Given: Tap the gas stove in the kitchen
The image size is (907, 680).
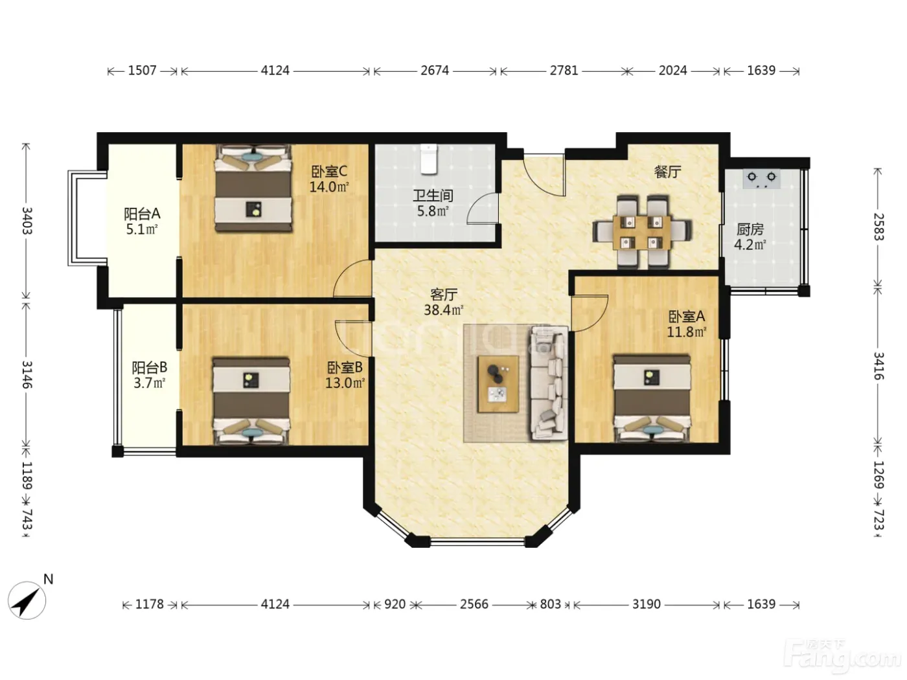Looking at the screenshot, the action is (761, 178).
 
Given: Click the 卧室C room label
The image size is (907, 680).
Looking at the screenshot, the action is (329, 171).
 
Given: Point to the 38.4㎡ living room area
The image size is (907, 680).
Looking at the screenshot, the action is (443, 310).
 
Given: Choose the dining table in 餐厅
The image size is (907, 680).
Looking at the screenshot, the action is (642, 232).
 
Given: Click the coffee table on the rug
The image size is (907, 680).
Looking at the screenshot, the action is (498, 383).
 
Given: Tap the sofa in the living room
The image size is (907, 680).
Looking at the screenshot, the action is (549, 382).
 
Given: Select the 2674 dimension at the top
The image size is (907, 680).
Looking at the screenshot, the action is (435, 71).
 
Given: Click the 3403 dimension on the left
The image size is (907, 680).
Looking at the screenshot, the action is (27, 220).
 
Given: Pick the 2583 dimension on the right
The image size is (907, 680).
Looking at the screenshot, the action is (878, 227).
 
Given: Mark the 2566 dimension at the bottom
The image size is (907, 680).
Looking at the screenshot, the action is (474, 604).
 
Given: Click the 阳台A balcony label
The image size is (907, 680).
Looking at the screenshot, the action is (142, 214).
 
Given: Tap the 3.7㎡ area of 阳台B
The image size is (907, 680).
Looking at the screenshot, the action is (149, 383).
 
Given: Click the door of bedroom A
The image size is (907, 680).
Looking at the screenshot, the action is (589, 313).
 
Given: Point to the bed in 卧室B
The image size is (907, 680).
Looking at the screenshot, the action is (251, 402).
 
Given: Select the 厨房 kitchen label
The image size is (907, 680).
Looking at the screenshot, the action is (750, 229).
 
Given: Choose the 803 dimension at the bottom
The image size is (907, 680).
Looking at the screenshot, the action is (550, 604).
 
